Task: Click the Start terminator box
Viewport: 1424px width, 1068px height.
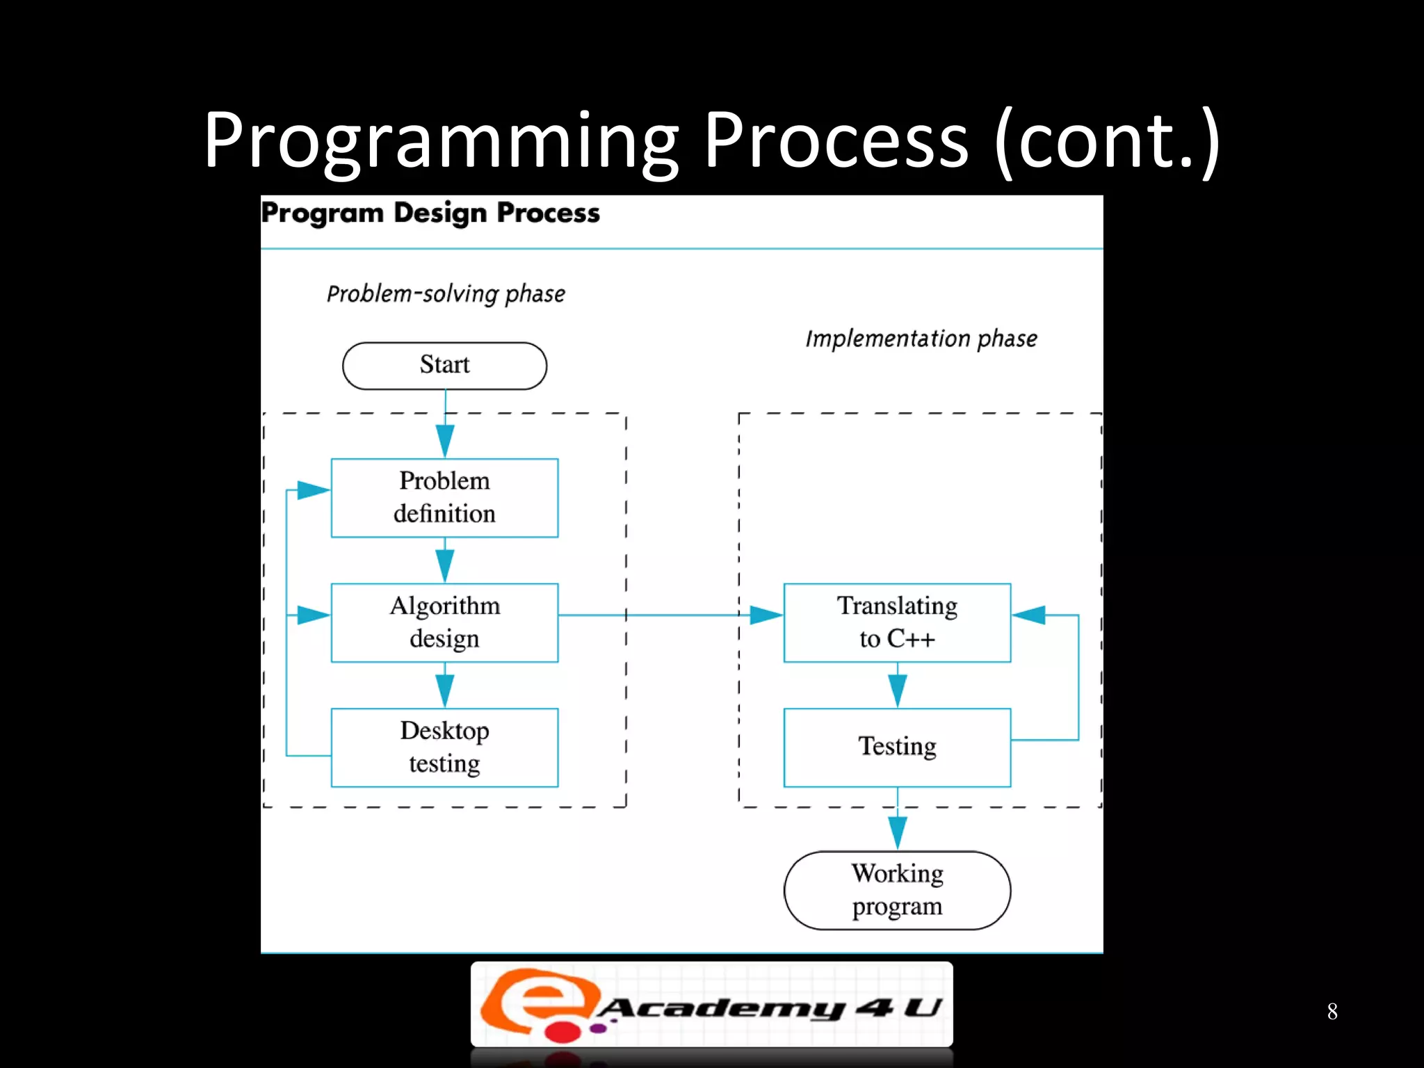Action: tap(444, 366)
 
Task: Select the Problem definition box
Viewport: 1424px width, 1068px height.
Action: tap(444, 498)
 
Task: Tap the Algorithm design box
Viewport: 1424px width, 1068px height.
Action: tap(444, 622)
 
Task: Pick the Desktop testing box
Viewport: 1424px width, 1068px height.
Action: tap(444, 747)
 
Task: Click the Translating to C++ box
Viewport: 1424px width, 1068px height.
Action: tap(897, 622)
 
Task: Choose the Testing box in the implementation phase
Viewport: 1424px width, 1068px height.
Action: tap(897, 747)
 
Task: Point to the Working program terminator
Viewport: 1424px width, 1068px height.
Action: tap(897, 890)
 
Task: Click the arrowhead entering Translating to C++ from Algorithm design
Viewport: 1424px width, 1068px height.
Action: tap(766, 615)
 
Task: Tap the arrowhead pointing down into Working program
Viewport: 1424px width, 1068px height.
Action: tap(897, 832)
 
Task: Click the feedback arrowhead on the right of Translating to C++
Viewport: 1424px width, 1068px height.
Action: tap(1030, 615)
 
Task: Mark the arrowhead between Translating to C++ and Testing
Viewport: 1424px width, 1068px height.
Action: tap(897, 689)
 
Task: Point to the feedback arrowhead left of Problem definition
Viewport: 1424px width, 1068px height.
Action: tap(313, 490)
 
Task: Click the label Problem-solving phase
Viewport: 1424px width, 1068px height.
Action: tap(446, 294)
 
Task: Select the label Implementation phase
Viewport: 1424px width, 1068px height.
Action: tap(921, 339)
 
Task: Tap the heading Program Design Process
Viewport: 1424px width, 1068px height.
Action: tap(430, 213)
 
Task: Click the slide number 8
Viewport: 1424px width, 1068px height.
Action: tap(1332, 1011)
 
